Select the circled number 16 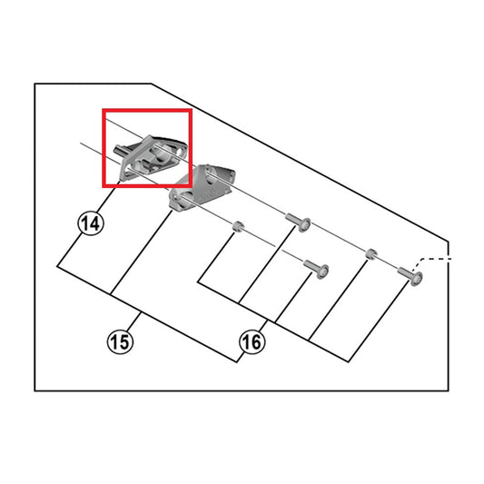252,342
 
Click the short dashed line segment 438,259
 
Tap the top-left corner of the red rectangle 103,112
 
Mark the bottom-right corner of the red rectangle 190,186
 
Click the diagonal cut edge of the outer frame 300,163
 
